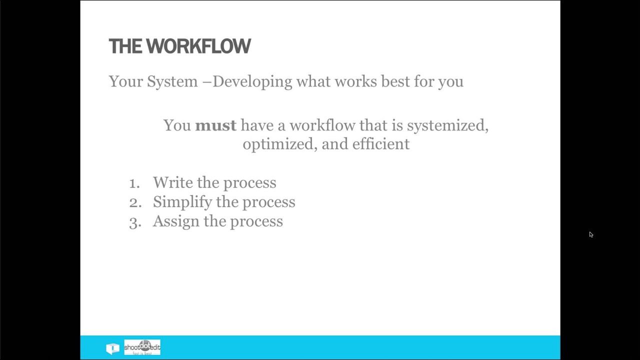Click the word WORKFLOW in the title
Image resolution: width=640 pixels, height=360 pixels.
198,46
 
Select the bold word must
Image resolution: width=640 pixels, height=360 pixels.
215,125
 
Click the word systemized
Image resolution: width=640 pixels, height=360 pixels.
447,125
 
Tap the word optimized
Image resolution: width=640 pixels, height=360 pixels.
279,144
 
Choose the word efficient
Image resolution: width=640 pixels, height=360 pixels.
380,144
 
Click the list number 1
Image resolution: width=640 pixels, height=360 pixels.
134,183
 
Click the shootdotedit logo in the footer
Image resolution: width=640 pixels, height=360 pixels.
142,347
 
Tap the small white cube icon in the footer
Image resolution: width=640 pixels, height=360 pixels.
112,348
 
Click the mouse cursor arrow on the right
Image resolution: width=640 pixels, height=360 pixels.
590,234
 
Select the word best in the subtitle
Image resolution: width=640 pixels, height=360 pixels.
395,81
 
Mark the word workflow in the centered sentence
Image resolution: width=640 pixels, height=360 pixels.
322,125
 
